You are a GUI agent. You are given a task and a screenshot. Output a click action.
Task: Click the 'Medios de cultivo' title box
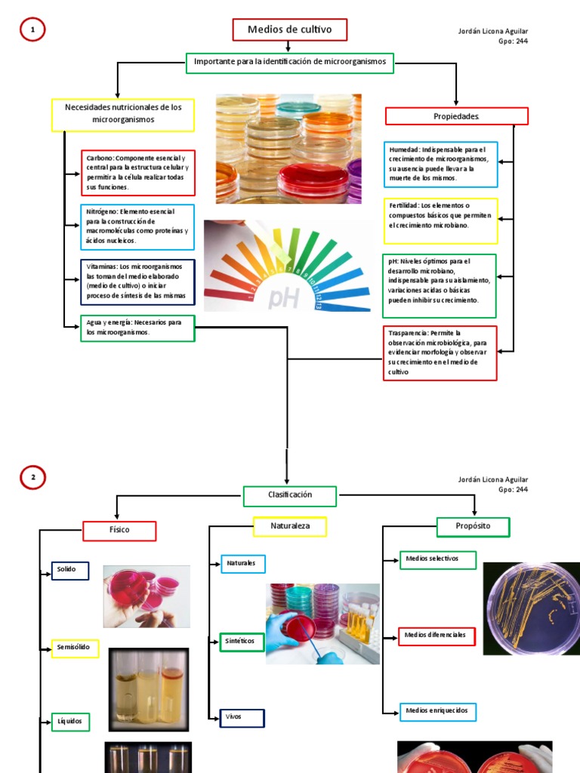point(289,29)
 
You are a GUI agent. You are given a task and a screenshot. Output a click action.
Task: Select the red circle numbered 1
point(32,30)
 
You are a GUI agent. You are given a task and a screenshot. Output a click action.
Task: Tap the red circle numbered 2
point(32,478)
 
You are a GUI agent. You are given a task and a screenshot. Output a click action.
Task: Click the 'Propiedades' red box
point(456,116)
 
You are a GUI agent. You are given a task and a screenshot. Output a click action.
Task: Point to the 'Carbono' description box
point(138,173)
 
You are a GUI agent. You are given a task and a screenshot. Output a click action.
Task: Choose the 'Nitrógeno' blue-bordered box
point(137,226)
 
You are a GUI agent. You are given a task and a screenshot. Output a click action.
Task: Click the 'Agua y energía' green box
point(137,328)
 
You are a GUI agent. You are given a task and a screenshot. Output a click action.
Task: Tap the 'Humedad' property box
point(440,165)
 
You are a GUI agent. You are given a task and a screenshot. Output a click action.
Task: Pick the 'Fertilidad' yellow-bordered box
point(440,220)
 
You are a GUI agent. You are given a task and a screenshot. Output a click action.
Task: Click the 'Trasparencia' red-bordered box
point(440,353)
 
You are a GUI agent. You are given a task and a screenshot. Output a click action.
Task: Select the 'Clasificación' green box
point(289,495)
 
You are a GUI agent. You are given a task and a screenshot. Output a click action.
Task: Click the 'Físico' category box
point(119,530)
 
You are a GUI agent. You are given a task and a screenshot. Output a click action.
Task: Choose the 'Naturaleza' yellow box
point(290,526)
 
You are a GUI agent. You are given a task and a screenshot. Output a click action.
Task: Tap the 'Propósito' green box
point(474,526)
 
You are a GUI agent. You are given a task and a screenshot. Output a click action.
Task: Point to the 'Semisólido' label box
point(75,648)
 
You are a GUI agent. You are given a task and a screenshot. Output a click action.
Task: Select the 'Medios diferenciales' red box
point(437,636)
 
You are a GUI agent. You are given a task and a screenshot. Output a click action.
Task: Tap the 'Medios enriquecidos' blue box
point(437,711)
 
